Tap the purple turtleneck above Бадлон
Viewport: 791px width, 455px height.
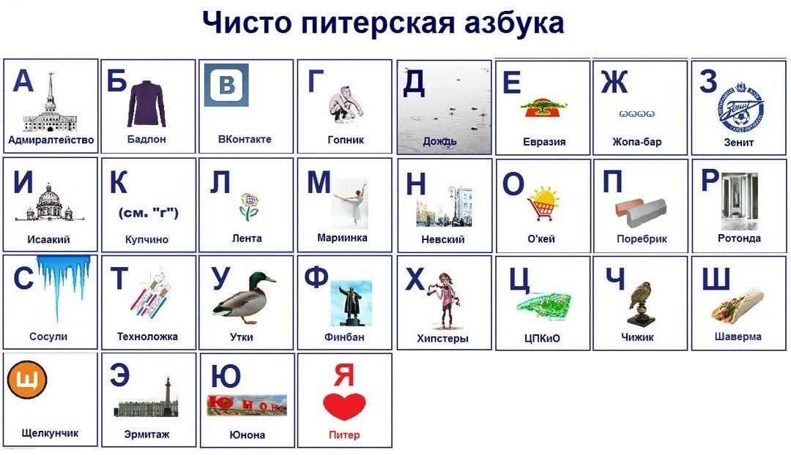(x=146, y=104)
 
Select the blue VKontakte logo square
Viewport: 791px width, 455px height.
(x=226, y=85)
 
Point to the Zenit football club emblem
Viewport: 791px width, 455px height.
(x=740, y=108)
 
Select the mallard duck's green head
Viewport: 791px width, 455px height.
(x=259, y=279)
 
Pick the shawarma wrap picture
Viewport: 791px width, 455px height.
(x=738, y=306)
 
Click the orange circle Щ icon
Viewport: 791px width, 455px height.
(x=27, y=380)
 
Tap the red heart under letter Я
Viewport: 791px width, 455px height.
(x=344, y=406)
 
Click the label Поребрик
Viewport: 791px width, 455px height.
(x=641, y=238)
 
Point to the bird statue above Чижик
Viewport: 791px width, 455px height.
(x=640, y=303)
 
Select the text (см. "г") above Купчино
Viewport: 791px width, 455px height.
(x=148, y=213)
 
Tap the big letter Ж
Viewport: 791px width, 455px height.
(x=614, y=82)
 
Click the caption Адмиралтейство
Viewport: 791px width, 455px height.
(x=51, y=140)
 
